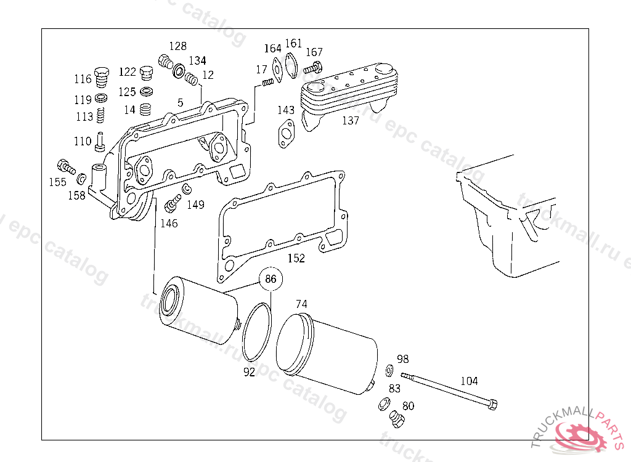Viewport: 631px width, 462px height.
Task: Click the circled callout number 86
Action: click(271, 279)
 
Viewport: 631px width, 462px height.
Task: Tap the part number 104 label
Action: click(469, 381)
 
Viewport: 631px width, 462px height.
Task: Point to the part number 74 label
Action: click(301, 304)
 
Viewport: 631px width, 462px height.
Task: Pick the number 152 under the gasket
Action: click(296, 258)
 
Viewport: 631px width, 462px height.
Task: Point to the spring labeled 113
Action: click(101, 115)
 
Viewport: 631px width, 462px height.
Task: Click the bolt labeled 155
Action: click(65, 166)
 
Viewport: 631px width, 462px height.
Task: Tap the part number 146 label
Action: click(169, 223)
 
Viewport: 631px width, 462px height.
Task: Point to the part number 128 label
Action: click(177, 46)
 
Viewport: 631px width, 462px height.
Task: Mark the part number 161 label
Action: click(293, 43)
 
